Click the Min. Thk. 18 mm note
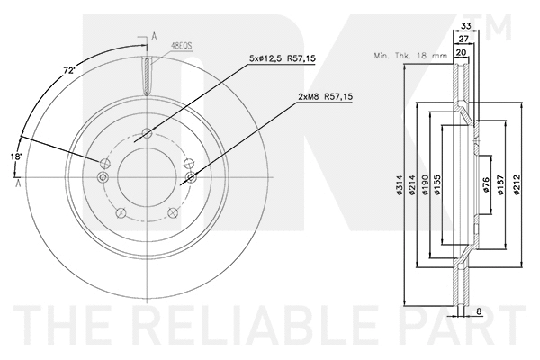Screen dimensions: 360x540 410,57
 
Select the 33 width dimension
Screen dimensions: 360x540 465,27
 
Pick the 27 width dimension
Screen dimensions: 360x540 463,40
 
